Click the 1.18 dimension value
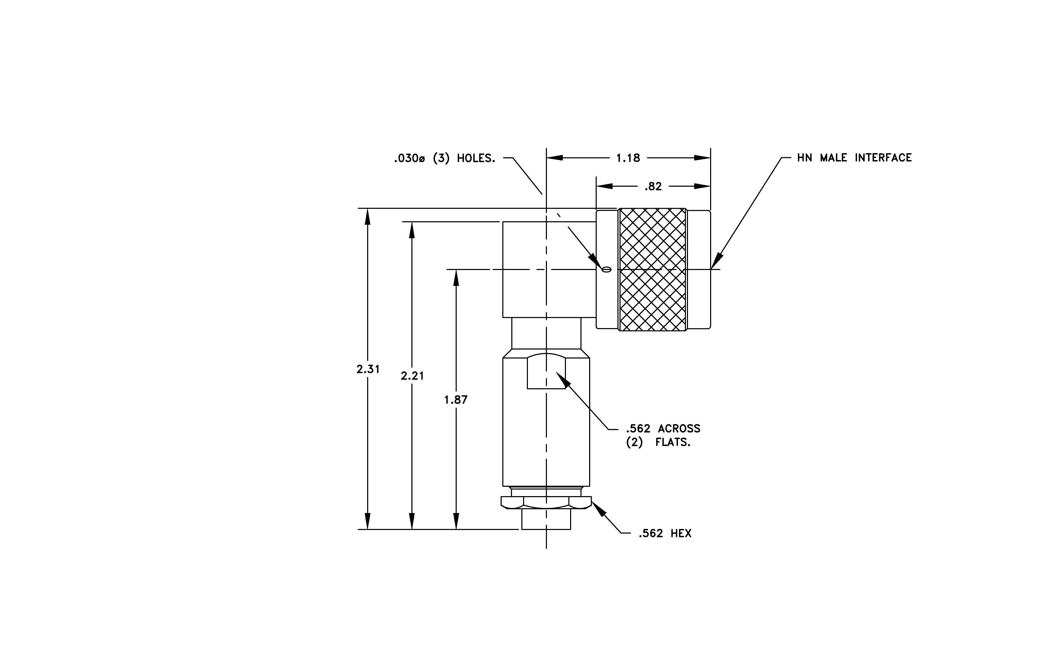coord(628,158)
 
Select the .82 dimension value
coord(653,186)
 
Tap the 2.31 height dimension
coord(368,369)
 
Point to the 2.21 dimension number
coord(412,376)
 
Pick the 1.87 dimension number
coord(456,400)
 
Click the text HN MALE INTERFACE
coord(854,158)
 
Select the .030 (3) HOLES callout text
coord(445,158)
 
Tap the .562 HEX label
coord(665,533)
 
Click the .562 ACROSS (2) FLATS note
coord(663,435)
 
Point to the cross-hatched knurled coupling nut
coord(653,269)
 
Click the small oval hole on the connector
coord(607,270)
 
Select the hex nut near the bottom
coord(546,503)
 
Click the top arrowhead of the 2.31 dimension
coord(367,217)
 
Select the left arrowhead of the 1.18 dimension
coord(555,158)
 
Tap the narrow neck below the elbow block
coord(546,334)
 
